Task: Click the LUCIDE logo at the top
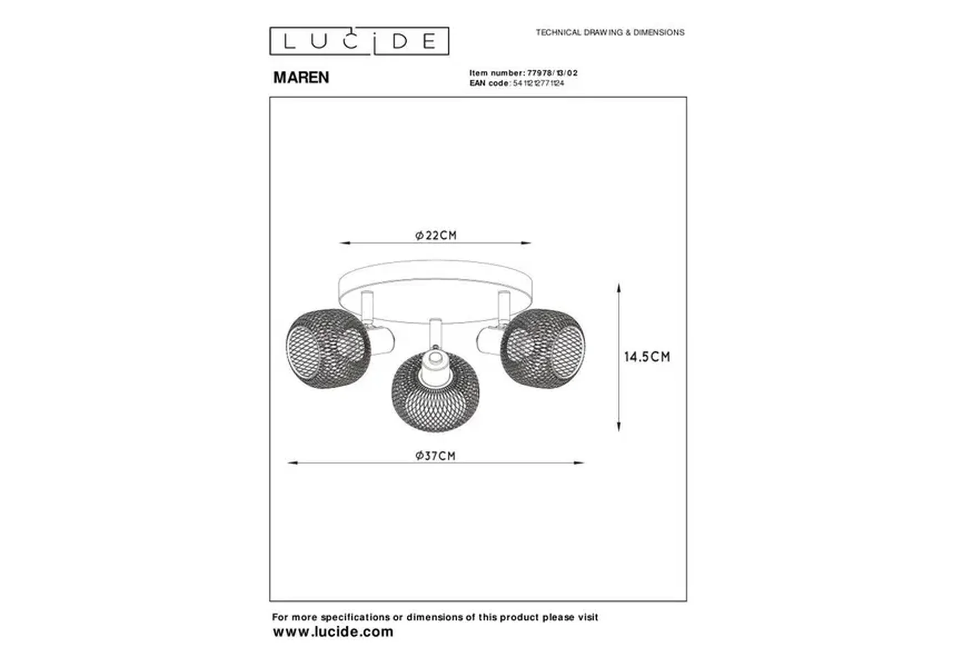[x=359, y=41]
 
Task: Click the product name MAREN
[x=301, y=78]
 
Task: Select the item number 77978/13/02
[x=552, y=73]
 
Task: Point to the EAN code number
[x=539, y=83]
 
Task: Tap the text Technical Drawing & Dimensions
[x=610, y=33]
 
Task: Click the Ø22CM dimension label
[x=436, y=235]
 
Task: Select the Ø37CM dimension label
[x=435, y=456]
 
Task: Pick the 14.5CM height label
[x=647, y=357]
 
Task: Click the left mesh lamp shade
[x=328, y=348]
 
